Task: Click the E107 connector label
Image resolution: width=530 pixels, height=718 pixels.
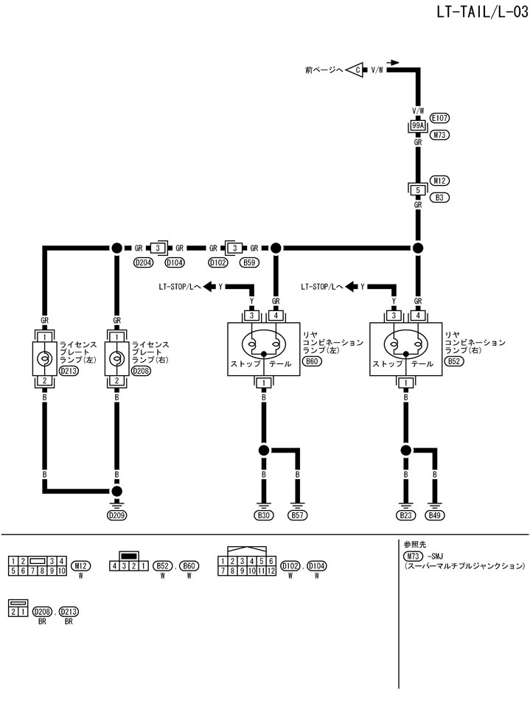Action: (x=441, y=118)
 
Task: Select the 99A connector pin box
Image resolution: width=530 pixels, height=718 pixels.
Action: (x=417, y=126)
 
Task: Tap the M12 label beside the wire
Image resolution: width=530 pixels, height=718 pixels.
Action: (x=440, y=181)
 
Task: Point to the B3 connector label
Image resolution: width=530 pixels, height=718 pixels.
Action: (x=440, y=198)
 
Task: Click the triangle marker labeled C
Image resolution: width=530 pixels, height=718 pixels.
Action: (x=357, y=70)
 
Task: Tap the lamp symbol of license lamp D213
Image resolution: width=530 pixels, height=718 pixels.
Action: (x=44, y=358)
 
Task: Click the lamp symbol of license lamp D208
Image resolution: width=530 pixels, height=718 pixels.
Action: (x=116, y=358)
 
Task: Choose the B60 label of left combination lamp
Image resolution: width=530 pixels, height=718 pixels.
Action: (x=313, y=363)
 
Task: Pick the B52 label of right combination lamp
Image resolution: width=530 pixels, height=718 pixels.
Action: (x=455, y=363)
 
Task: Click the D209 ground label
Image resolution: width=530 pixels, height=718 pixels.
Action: (x=116, y=515)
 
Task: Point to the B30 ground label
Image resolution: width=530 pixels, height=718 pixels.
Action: (x=264, y=515)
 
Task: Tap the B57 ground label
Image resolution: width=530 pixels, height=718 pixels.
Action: (x=298, y=515)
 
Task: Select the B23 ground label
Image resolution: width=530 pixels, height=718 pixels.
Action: (x=405, y=515)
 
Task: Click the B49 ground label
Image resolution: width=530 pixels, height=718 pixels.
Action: (x=437, y=515)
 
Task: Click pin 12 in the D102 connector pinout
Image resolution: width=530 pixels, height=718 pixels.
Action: (x=272, y=570)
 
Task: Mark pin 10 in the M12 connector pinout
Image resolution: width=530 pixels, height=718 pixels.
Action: (x=61, y=570)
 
